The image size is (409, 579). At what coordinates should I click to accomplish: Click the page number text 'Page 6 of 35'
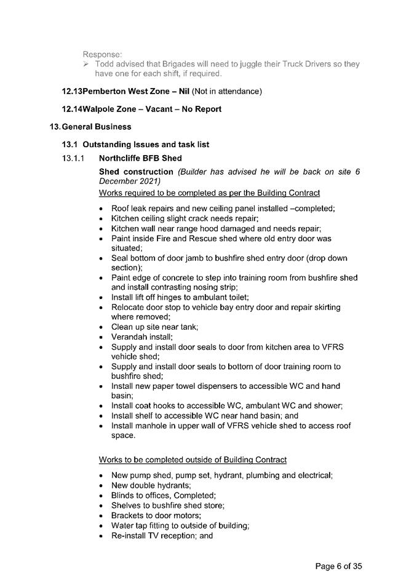[x=343, y=565]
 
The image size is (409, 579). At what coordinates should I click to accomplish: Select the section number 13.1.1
[x=74, y=158]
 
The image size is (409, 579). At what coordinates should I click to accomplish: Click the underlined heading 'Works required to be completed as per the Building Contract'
[x=209, y=193]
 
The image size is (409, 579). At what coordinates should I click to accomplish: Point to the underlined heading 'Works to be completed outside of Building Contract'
[x=193, y=460]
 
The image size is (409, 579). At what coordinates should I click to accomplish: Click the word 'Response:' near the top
[x=103, y=54]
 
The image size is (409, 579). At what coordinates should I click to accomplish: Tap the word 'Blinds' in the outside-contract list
[x=123, y=495]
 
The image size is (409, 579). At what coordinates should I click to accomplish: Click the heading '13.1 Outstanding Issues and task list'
[x=135, y=145]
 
